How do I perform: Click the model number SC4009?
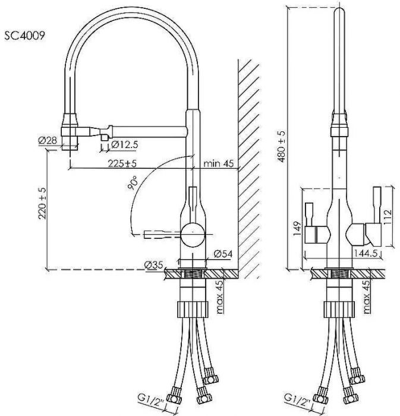pos(24,35)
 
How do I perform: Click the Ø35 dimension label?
pos(153,264)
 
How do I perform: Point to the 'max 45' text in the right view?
pos(367,295)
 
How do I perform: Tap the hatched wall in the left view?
pos(249,166)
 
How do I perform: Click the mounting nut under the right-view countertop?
pos(337,310)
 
